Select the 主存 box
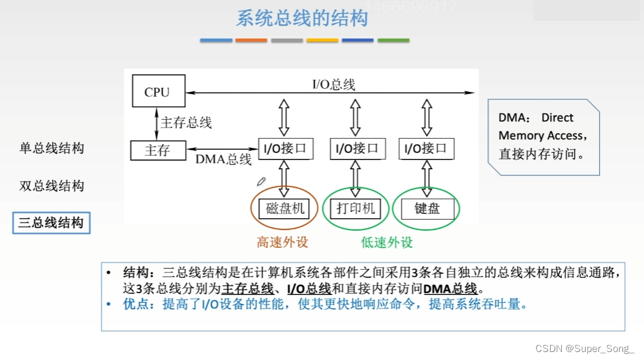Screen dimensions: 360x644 (158, 150)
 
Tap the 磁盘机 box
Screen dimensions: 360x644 (285, 209)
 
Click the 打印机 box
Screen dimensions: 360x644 (356, 209)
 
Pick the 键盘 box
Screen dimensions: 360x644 (427, 209)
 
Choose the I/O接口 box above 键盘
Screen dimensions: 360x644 (427, 148)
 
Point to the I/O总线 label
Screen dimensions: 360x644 (334, 85)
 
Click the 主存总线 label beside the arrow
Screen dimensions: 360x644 (186, 123)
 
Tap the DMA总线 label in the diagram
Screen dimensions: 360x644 (223, 159)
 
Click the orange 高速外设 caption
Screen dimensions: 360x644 (282, 242)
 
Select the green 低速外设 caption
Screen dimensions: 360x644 (386, 242)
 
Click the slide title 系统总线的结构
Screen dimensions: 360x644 (302, 18)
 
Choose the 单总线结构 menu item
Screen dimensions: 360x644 (52, 148)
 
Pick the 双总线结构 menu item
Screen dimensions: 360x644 (52, 186)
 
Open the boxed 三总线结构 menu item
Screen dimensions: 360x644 (52, 223)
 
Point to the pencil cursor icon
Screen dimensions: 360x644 (261, 181)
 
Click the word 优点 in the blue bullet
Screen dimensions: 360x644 (136, 304)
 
